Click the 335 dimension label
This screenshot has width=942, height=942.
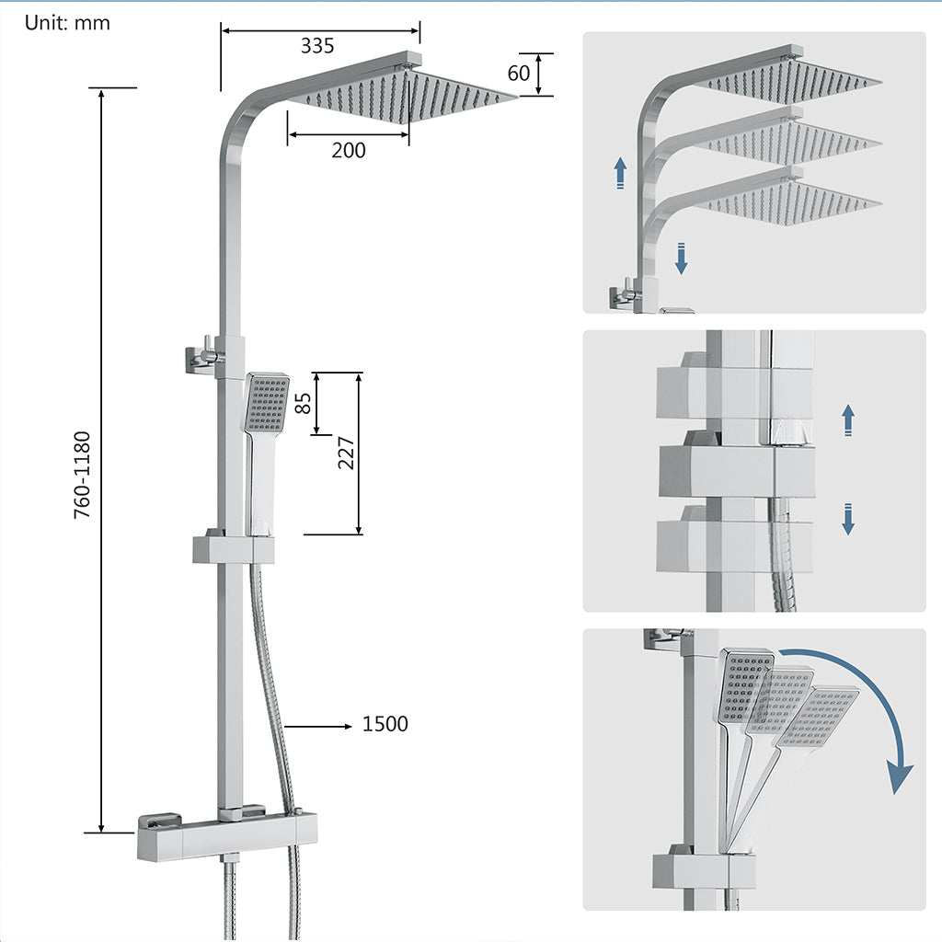tap(316, 45)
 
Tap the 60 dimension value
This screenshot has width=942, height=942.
tap(519, 74)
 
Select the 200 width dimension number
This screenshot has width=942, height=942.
tap(348, 150)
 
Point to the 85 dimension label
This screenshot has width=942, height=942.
tap(301, 404)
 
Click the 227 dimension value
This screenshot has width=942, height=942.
tap(346, 453)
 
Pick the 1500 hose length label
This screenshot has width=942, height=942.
tap(385, 725)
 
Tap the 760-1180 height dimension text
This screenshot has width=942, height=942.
tap(83, 474)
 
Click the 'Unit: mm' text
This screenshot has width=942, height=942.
tap(67, 23)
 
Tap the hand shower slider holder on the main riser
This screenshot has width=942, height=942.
tap(234, 549)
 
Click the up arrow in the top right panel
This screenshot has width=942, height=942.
tap(621, 173)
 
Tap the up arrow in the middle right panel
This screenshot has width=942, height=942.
tap(848, 420)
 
